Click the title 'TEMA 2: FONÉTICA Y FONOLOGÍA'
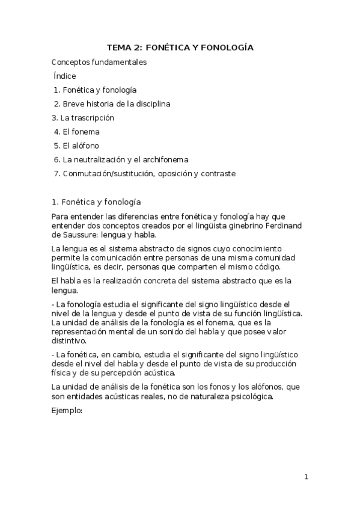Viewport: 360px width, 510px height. [180, 48]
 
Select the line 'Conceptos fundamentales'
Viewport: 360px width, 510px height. [99, 62]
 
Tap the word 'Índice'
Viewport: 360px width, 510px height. [65, 76]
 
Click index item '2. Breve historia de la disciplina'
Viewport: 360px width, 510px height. [112, 104]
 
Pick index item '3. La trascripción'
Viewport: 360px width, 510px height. [83, 118]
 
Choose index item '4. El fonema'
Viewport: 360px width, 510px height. [76, 132]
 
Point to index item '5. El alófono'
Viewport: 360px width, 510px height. [76, 146]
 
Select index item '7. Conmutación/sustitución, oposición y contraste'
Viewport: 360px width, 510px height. [144, 174]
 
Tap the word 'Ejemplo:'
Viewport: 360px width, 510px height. [67, 412]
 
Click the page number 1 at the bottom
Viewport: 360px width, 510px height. [306, 478]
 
